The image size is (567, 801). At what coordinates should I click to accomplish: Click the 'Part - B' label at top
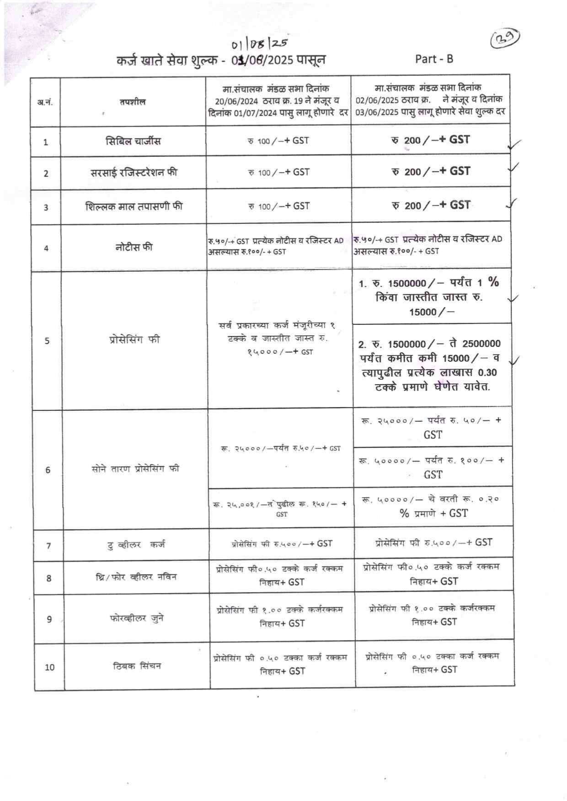click(x=434, y=59)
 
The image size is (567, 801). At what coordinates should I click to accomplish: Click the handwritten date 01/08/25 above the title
click(x=259, y=44)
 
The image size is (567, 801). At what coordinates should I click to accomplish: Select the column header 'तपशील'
click(x=133, y=102)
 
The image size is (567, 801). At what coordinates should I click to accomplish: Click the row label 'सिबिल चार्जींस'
click(x=133, y=141)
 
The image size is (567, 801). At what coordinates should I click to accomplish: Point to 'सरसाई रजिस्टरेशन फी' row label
click(x=134, y=172)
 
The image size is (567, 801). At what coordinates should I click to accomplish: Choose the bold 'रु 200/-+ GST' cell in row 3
click(x=431, y=205)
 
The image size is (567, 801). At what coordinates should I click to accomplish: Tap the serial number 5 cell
click(x=47, y=340)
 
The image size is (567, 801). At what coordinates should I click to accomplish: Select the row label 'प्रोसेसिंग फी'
click(x=134, y=340)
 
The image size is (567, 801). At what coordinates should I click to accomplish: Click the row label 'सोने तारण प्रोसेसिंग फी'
click(x=135, y=469)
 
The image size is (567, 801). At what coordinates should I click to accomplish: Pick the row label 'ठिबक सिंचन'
click(x=137, y=666)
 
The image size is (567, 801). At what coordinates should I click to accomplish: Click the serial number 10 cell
click(x=49, y=667)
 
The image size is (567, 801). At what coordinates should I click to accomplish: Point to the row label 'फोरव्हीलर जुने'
click(x=137, y=619)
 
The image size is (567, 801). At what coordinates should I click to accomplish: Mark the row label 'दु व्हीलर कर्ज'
click(x=136, y=544)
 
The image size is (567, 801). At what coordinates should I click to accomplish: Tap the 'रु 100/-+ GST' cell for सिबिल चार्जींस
click(x=278, y=141)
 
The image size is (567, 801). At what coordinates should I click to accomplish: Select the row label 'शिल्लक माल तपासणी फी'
click(x=134, y=206)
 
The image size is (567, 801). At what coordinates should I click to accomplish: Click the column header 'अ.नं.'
click(x=45, y=102)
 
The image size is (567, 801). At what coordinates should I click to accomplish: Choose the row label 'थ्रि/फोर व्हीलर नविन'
click(x=136, y=577)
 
